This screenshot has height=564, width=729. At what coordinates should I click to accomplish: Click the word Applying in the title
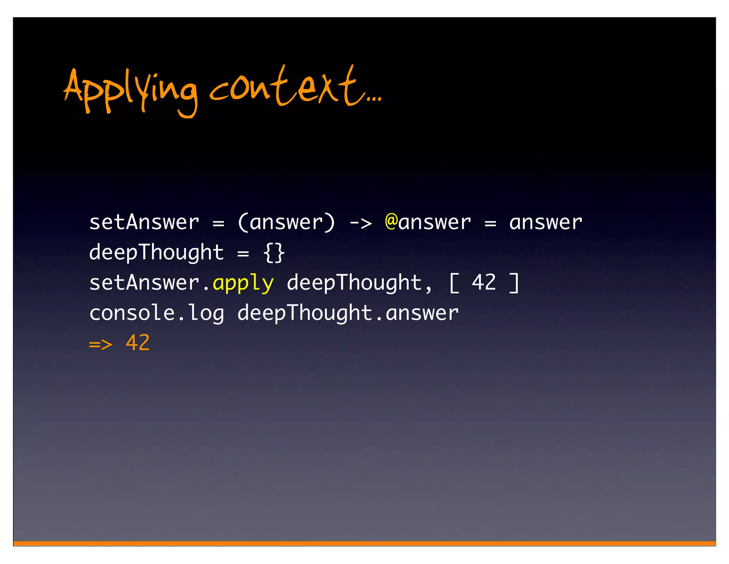tap(130, 91)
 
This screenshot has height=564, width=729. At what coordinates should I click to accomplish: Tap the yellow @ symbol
tap(391, 222)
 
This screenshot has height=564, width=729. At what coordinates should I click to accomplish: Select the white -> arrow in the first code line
tap(361, 223)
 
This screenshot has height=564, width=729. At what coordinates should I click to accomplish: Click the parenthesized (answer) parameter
tap(286, 223)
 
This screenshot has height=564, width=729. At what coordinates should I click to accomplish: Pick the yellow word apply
tap(243, 284)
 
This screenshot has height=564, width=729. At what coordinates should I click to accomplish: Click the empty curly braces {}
tap(274, 253)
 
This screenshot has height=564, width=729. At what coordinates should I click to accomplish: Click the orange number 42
tap(138, 343)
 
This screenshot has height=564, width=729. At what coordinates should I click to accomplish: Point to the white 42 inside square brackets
tap(484, 282)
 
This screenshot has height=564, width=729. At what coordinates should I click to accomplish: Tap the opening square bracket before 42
tap(454, 283)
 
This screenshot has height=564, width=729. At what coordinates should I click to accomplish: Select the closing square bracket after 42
tap(514, 283)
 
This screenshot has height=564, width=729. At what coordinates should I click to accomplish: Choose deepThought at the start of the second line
tap(156, 253)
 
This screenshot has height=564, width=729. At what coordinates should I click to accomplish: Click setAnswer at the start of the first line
tap(144, 223)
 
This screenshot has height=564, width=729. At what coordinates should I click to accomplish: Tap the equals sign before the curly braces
tap(243, 254)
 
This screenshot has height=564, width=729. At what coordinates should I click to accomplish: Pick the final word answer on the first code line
tap(545, 223)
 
